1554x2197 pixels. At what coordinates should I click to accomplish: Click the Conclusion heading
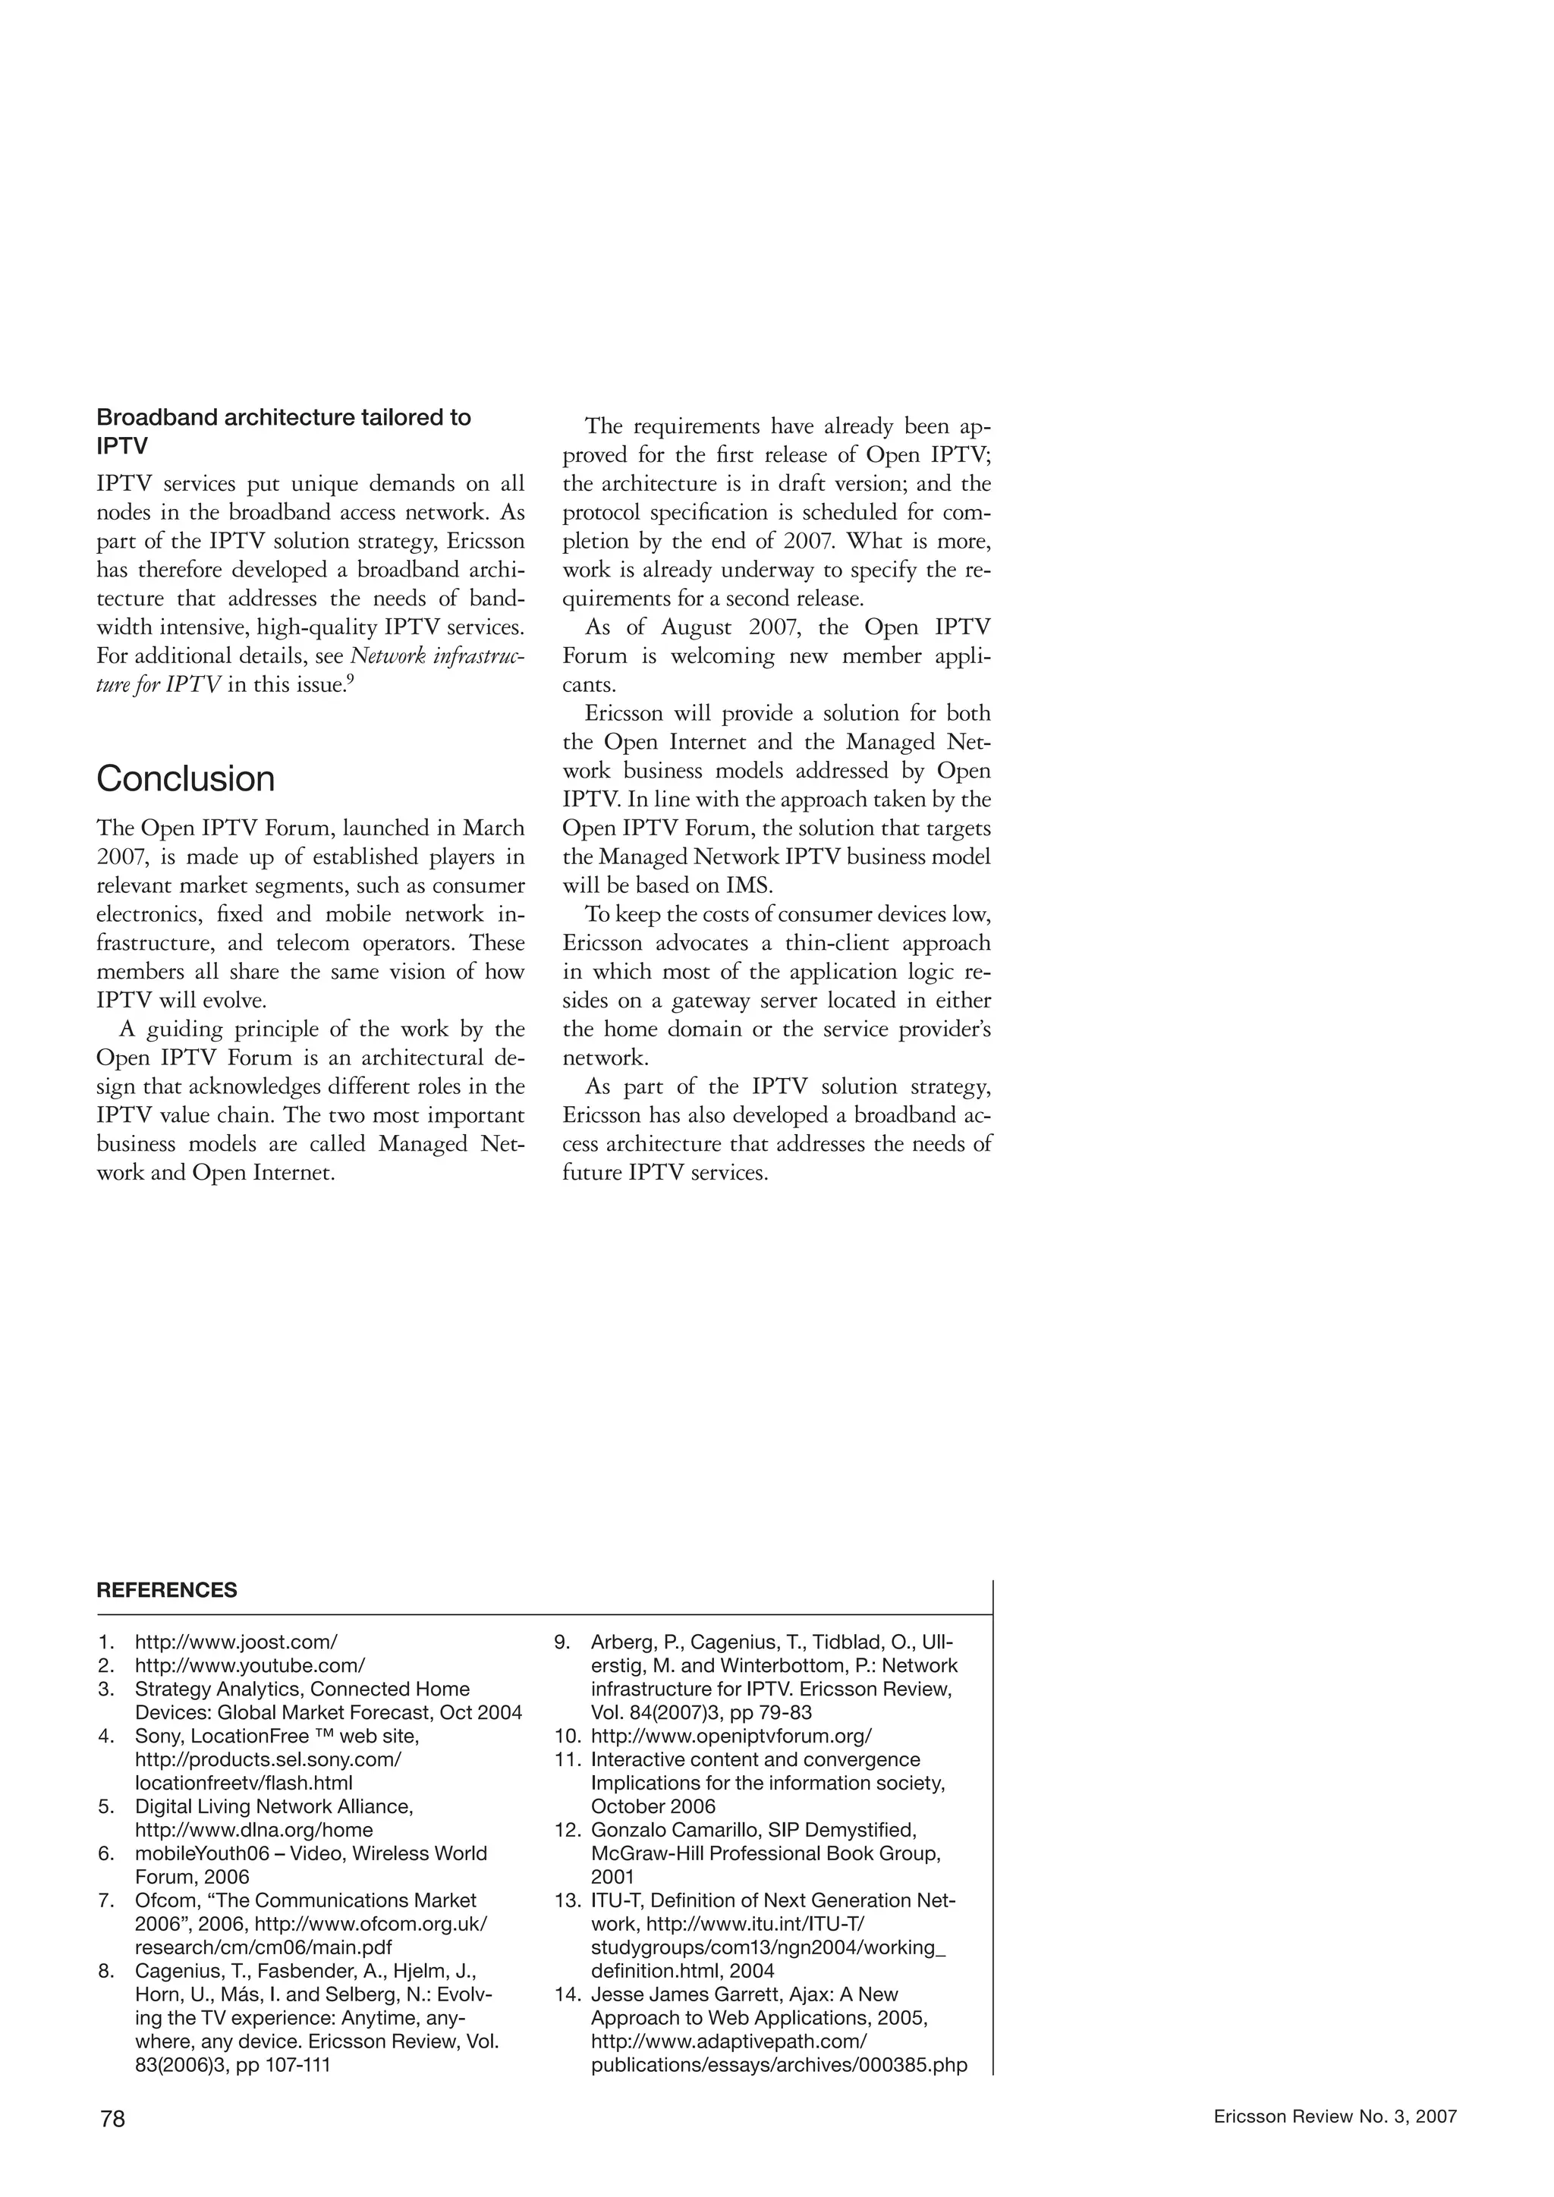pos(186,779)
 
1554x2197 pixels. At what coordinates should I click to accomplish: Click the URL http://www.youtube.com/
pos(250,1666)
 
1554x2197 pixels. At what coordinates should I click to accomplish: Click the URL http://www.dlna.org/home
pos(253,1830)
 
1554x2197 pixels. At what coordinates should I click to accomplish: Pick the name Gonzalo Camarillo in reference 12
pos(675,1831)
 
